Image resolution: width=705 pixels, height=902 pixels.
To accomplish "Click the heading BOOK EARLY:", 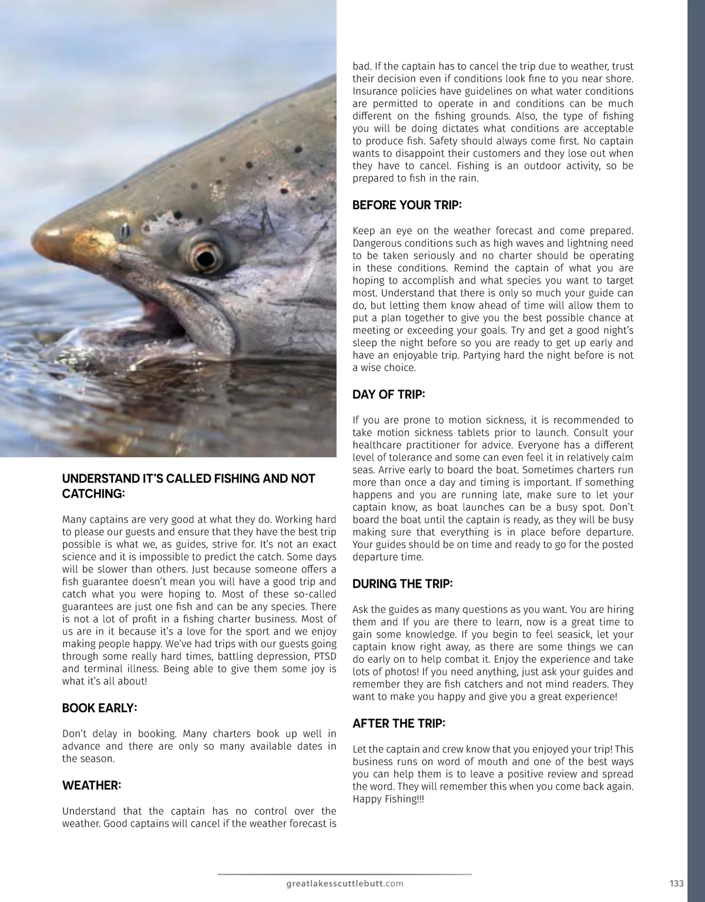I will click(99, 708).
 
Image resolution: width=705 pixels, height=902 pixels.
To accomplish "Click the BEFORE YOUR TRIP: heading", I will click(407, 205).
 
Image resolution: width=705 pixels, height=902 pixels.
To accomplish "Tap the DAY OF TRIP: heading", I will click(388, 394).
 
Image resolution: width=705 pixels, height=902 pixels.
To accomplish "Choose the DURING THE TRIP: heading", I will click(402, 584).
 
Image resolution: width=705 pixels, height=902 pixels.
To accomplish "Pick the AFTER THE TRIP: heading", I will click(398, 723).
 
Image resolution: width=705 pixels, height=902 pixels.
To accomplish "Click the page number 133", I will click(676, 883).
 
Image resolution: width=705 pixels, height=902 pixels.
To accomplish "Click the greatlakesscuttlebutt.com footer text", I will click(344, 883).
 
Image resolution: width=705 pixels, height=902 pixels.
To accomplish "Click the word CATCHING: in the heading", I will click(93, 494).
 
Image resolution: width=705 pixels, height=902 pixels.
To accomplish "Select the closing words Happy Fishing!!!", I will click(388, 799).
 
